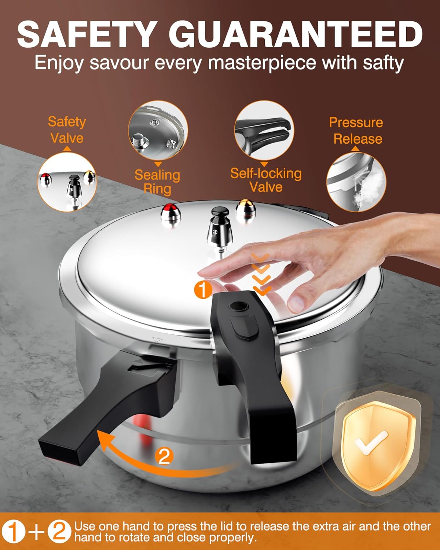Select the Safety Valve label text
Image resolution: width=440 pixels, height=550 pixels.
(67, 130)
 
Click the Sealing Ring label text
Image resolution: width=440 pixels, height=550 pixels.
(157, 182)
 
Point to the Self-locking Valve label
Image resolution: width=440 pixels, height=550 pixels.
(266, 180)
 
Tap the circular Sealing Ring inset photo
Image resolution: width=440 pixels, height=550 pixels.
(158, 131)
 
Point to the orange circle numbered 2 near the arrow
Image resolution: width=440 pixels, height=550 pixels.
(164, 456)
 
